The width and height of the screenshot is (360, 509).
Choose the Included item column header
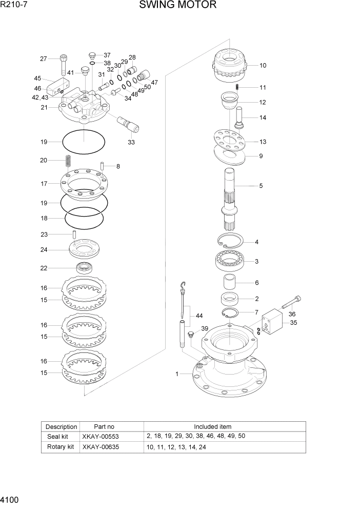point(212,426)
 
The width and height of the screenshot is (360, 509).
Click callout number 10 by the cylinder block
point(263,66)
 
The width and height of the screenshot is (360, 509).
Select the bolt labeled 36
point(290,303)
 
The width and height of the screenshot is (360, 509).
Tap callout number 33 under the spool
point(131,142)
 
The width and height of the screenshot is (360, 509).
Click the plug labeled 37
point(92,55)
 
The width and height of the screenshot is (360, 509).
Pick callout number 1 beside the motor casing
point(177,374)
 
